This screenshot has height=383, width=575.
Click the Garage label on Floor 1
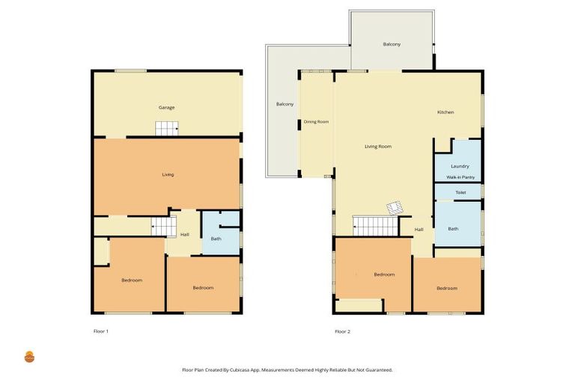tap(166, 108)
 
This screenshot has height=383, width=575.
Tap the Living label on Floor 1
tap(168, 174)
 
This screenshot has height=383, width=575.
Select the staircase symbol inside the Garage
tap(167, 129)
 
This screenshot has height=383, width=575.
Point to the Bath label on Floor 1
tap(216, 239)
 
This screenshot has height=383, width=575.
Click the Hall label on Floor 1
tap(184, 235)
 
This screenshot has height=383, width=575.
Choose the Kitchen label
tap(445, 112)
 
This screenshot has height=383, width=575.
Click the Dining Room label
tap(316, 121)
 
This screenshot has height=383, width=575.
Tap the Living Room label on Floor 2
tap(378, 147)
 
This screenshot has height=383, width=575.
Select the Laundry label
tap(460, 166)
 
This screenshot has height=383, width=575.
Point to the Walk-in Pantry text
tap(460, 177)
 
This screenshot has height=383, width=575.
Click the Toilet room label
tap(460, 192)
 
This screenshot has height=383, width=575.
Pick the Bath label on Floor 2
tap(453, 228)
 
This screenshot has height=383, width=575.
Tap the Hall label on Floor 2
tap(419, 229)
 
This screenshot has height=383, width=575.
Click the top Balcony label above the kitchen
tap(392, 44)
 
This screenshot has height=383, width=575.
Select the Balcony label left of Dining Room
tap(285, 103)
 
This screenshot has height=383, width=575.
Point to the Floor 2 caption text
tap(342, 331)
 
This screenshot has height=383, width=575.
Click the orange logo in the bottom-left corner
tap(29, 357)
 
